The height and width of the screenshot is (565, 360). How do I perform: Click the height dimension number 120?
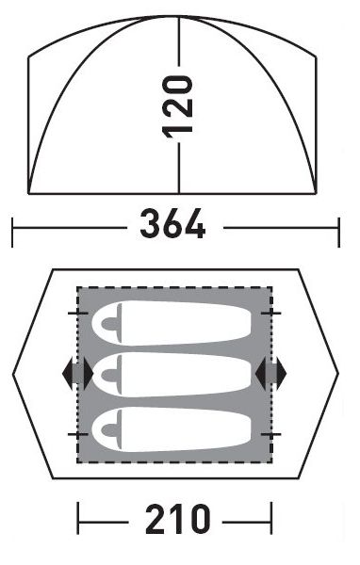pos(178,107)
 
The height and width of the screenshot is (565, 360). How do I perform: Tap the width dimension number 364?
pos(172,224)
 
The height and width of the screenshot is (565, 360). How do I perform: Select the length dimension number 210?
pos(177,519)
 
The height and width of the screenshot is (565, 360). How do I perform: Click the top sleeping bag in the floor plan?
pos(172,323)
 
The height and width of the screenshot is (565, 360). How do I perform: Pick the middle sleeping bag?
pos(172,375)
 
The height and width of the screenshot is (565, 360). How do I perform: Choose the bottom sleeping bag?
pos(172,429)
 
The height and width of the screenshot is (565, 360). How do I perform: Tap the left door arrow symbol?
pos(77,374)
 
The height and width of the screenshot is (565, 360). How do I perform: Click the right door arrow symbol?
pos(270,374)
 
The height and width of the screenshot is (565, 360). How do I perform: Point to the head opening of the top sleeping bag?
pos(111,323)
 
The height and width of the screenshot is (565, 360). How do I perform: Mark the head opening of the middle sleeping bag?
pos(111,375)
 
